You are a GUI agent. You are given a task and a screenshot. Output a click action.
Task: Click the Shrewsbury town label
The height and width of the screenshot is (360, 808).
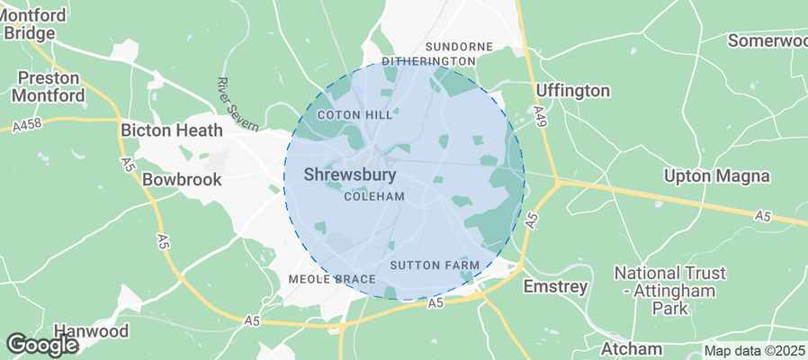[351, 175]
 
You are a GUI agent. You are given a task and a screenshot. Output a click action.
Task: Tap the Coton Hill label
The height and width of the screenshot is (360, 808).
[355, 115]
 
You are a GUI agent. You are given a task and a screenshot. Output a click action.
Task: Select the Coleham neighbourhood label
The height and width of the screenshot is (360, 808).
[374, 196]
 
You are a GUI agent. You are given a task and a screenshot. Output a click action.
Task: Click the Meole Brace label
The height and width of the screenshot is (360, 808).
[331, 279]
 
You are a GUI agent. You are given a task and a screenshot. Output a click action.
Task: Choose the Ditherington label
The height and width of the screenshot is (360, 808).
[428, 61]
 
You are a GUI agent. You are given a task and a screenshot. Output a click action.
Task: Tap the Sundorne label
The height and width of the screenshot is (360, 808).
[459, 46]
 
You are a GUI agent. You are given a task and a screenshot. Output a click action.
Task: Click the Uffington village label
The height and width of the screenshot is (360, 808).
[572, 90]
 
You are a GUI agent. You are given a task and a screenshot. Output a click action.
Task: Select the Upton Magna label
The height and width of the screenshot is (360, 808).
[715, 175]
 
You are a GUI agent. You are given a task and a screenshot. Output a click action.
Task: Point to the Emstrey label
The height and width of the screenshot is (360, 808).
[555, 286]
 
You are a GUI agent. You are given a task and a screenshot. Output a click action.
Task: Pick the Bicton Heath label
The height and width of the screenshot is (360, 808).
[171, 130]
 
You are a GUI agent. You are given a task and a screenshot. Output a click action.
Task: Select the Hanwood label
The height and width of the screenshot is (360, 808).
[90, 330]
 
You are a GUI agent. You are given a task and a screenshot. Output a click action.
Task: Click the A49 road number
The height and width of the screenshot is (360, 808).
[539, 115]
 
